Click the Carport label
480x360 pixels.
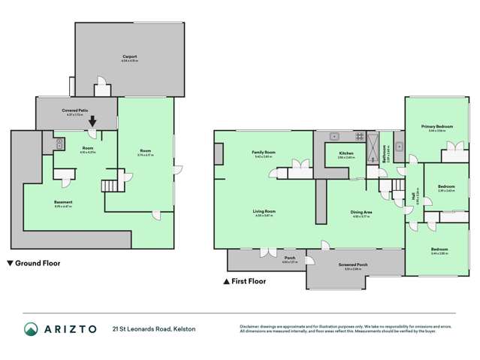coord(129,56)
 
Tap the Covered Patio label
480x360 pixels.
coord(76,110)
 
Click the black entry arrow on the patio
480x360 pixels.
coord(92,121)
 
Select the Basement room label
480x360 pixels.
coord(63,201)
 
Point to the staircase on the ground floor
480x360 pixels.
coord(110,185)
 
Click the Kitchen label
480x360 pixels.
coord(335,154)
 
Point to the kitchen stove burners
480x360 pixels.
coord(359,138)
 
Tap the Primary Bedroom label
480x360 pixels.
coord(436,127)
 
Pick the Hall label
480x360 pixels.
coord(414,198)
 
